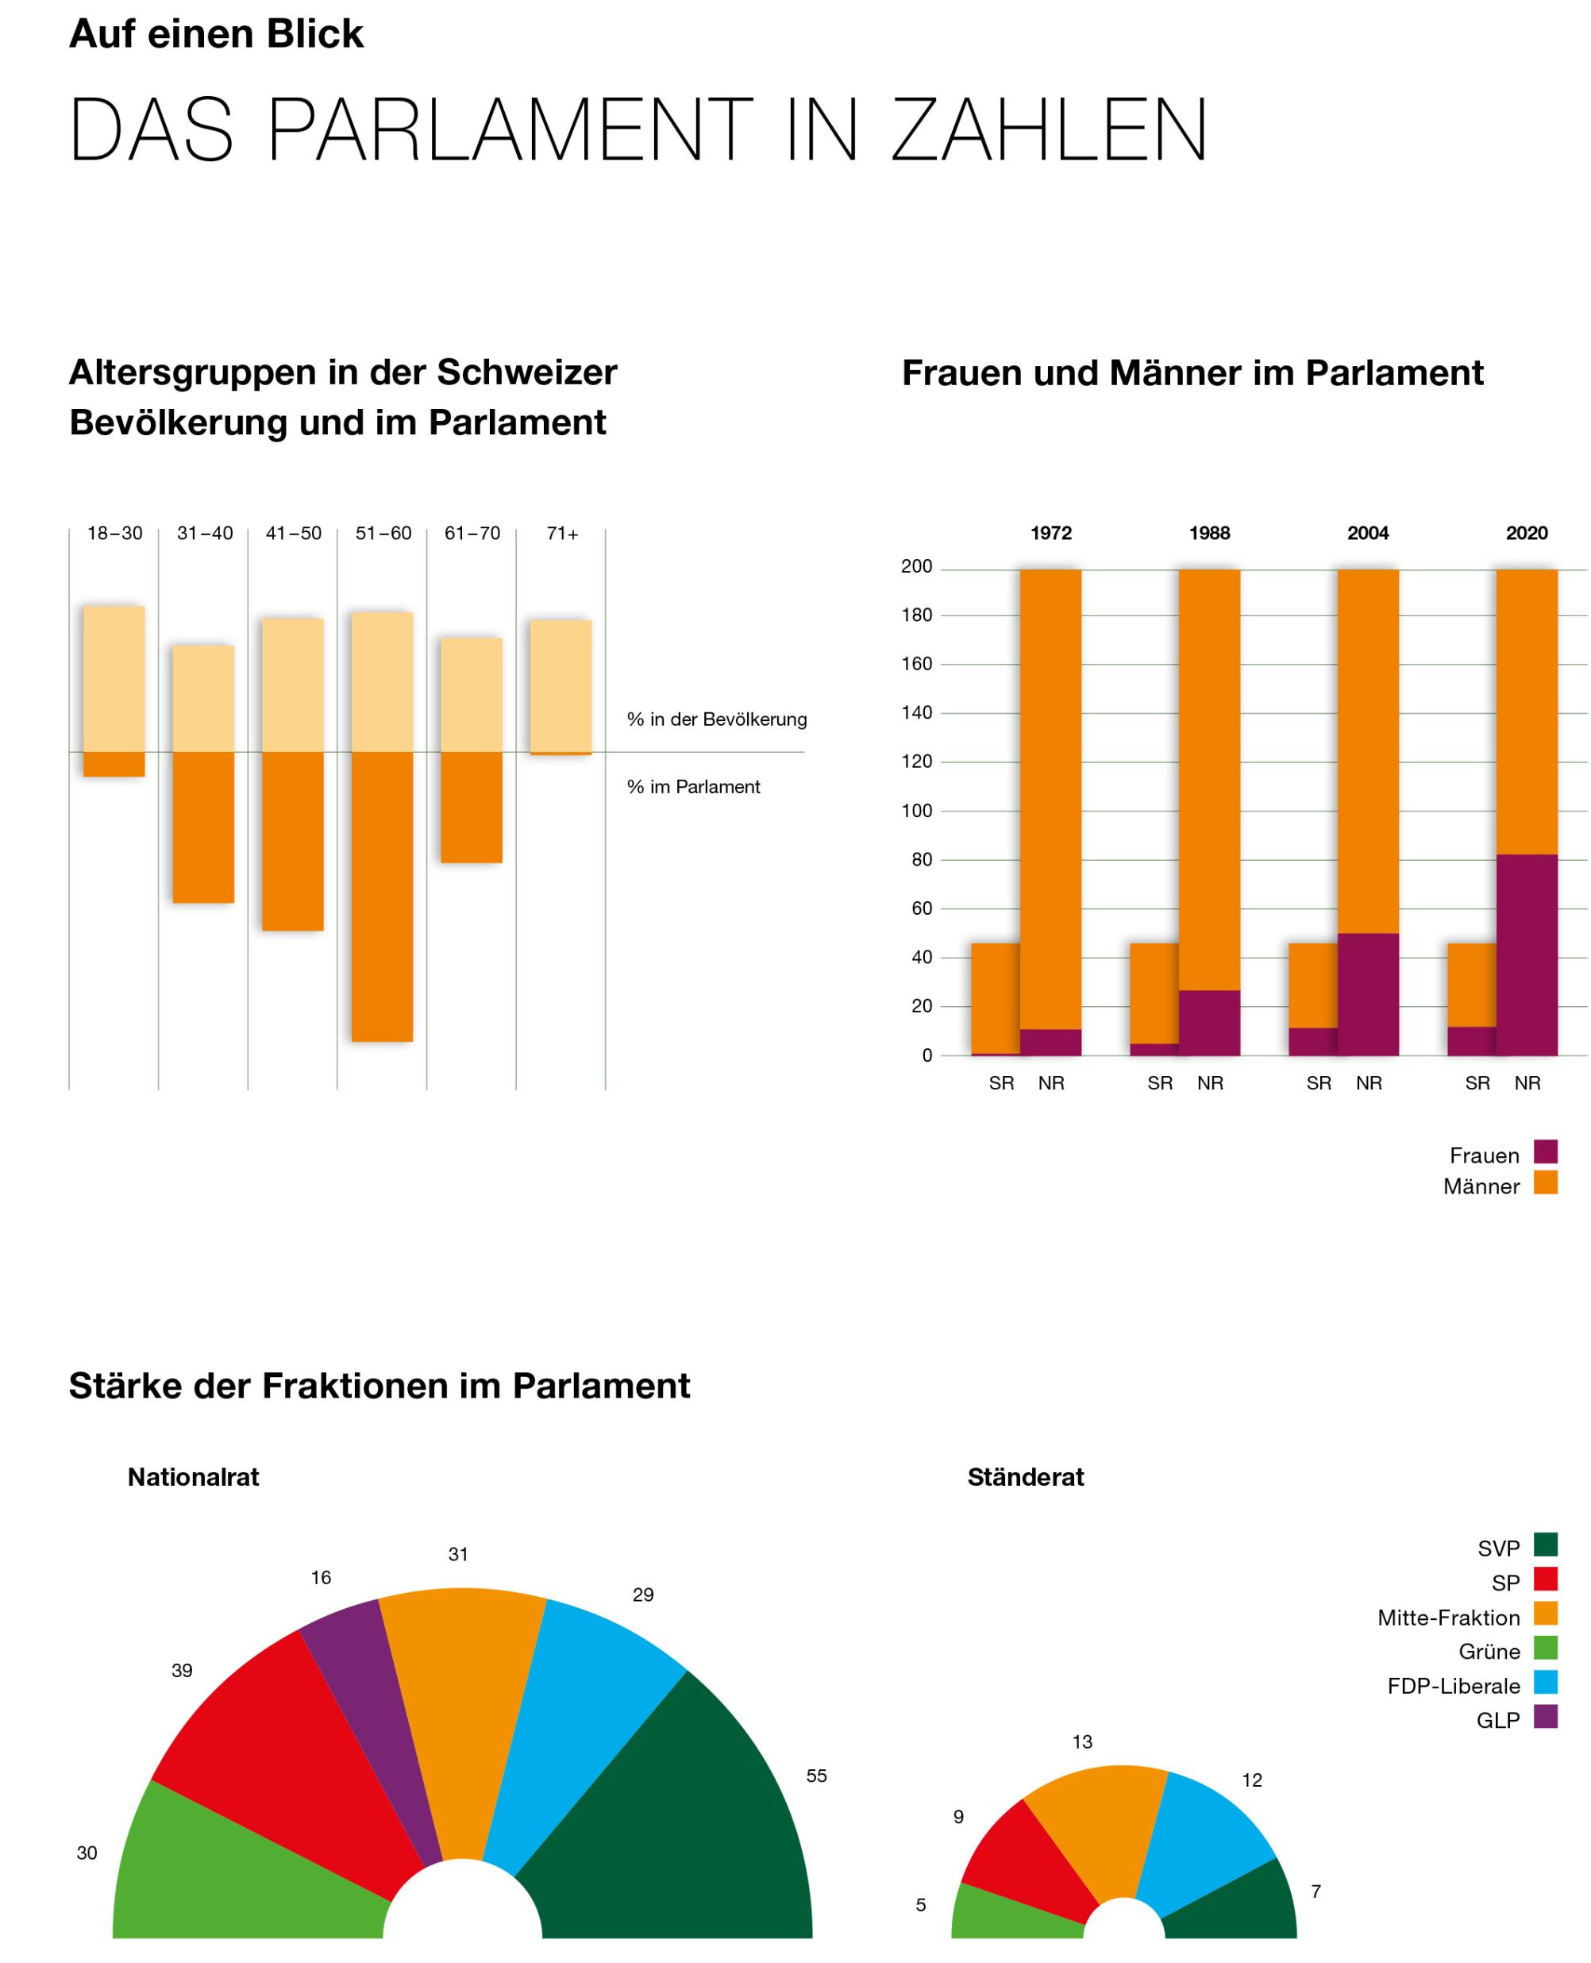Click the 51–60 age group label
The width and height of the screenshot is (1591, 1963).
pyautogui.click(x=383, y=534)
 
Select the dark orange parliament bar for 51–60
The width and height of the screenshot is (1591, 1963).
pyautogui.click(x=382, y=896)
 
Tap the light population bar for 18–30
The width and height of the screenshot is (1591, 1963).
pyautogui.click(x=114, y=678)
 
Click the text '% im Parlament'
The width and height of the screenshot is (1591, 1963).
pyautogui.click(x=693, y=786)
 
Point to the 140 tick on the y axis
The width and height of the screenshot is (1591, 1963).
pyautogui.click(x=916, y=712)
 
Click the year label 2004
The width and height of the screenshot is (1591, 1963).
pyautogui.click(x=1367, y=534)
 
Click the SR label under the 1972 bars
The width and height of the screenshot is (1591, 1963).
pyautogui.click(x=1001, y=1083)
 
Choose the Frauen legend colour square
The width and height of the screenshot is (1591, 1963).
pyautogui.click(x=1545, y=1151)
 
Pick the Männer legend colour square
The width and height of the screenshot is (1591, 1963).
pyautogui.click(x=1545, y=1182)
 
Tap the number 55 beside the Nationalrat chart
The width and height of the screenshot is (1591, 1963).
pyautogui.click(x=815, y=1776)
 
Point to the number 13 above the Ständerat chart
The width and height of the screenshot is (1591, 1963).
pyautogui.click(x=1082, y=1742)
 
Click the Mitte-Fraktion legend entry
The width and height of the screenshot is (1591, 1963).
pyautogui.click(x=1448, y=1618)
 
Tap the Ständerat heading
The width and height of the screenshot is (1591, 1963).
pyautogui.click(x=1026, y=1476)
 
